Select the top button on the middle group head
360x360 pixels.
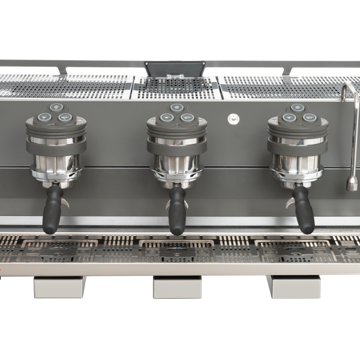[176, 108]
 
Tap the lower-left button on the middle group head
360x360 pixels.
[166, 118]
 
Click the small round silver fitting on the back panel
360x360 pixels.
[232, 119]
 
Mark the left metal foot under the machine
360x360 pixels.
[59, 287]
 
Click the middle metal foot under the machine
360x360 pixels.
[177, 287]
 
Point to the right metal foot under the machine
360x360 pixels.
[293, 287]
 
